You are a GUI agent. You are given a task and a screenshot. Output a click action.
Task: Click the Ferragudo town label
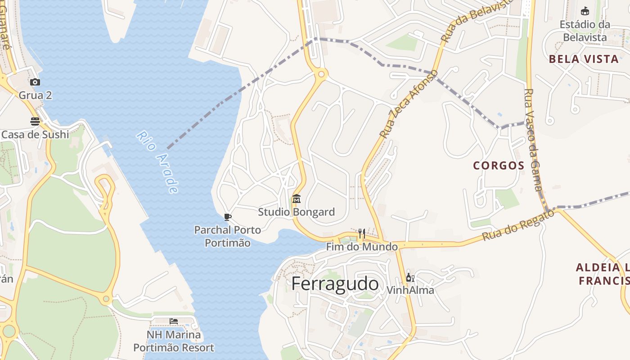pos(335,284)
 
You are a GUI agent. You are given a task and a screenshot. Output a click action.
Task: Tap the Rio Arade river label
pos(157,162)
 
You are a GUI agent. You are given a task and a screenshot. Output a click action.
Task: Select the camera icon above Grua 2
pos(35,82)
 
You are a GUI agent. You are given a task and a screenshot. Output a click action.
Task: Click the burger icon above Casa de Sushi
pos(35,121)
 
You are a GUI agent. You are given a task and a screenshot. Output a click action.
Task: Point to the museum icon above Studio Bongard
pos(297,198)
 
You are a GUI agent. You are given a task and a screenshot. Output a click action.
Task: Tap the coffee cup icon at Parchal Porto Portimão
pos(228,217)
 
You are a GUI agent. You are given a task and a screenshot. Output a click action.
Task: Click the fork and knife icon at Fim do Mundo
pos(362,233)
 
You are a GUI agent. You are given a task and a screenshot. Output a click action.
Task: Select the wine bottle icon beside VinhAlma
pos(410,277)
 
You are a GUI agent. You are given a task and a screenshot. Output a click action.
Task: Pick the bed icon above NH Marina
pos(174,321)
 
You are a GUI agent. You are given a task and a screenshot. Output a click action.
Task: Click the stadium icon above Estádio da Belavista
pos(585,11)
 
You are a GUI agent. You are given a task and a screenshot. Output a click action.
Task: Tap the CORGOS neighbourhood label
pos(499,166)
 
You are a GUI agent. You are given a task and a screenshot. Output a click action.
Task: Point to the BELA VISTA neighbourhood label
pos(584,59)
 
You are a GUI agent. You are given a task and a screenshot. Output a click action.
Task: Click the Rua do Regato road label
pos(518,225)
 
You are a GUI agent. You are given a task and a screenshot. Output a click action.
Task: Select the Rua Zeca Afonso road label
pos(409,104)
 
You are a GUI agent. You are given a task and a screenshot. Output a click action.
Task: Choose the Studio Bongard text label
pos(297,212)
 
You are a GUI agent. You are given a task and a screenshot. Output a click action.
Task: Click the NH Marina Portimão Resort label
pos(174,341)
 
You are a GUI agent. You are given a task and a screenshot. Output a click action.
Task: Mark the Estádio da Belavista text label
pos(585,31)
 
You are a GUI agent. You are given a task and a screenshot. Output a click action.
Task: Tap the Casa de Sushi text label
pos(35,135)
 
